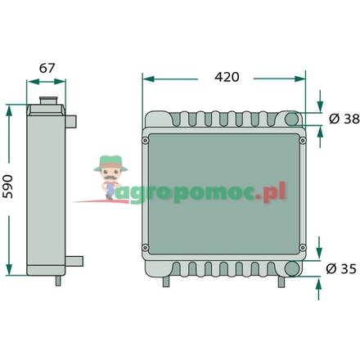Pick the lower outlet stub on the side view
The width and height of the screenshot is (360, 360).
click(x=74, y=262)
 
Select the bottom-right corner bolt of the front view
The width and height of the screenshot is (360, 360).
click(x=303, y=247)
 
